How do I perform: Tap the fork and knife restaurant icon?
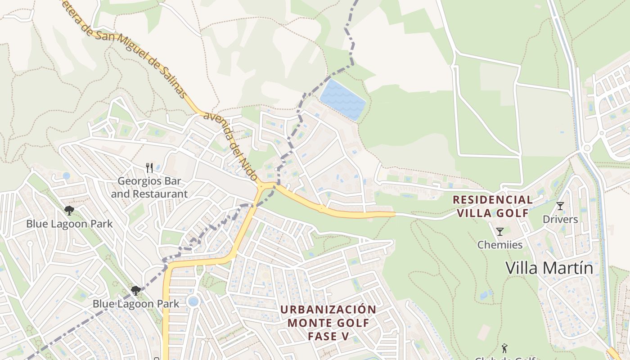(x=150, y=168)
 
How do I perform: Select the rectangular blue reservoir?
(x=342, y=100)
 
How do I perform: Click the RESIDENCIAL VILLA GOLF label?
(x=492, y=206)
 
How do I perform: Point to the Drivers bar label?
(x=560, y=219)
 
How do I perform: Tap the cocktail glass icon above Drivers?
(x=560, y=206)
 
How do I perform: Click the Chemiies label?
(x=499, y=245)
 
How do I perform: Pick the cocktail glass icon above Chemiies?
(x=499, y=232)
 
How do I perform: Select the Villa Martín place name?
(x=549, y=268)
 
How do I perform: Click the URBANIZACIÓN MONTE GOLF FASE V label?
(x=328, y=323)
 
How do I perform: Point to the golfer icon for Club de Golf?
(x=504, y=348)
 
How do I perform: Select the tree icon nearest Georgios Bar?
(x=69, y=210)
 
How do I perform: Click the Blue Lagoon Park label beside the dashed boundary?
(x=136, y=304)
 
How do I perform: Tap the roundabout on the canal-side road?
(x=586, y=148)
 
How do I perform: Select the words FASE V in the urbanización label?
(x=328, y=336)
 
